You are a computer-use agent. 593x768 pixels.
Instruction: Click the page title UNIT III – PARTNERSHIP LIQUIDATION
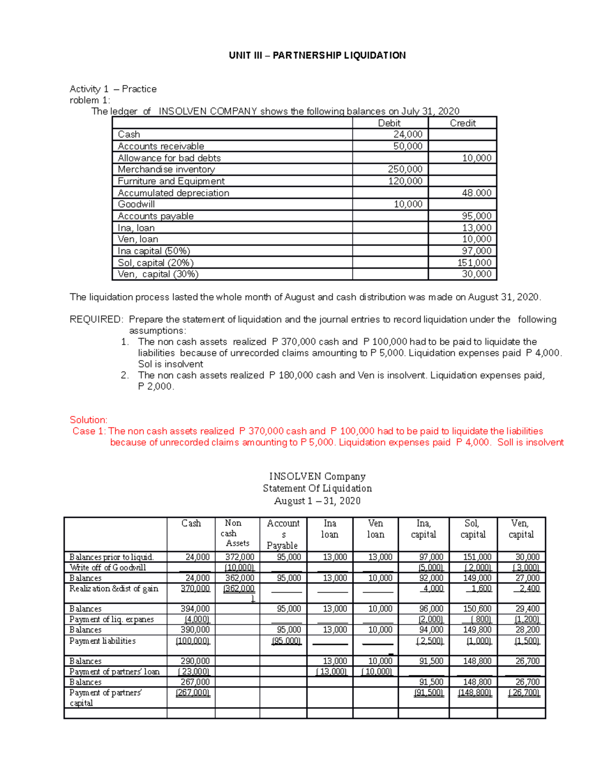click(317, 55)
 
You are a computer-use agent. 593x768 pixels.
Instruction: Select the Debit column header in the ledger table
click(389, 123)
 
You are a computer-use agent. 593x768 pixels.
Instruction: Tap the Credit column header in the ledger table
click(463, 123)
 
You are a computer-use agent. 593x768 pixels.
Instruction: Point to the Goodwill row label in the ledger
click(136, 204)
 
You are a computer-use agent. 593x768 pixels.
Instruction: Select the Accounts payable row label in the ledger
click(156, 216)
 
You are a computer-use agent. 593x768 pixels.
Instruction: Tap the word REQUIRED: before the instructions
click(96, 319)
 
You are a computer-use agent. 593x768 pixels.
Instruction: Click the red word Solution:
click(88, 420)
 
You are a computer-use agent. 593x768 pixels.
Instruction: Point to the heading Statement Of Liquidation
click(317, 489)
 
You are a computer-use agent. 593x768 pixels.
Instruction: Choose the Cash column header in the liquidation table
click(191, 523)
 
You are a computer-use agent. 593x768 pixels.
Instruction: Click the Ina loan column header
click(330, 529)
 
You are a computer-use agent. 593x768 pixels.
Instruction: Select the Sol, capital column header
click(473, 529)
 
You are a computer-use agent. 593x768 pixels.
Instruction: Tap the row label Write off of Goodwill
click(108, 568)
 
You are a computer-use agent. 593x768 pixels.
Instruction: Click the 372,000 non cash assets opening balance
click(240, 557)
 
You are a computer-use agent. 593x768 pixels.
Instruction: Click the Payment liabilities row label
click(102, 641)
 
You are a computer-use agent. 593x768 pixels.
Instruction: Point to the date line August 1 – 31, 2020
click(317, 501)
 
